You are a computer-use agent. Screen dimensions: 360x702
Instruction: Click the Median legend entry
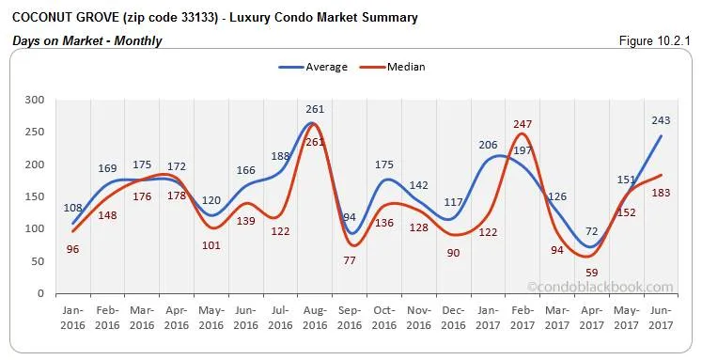click(394, 67)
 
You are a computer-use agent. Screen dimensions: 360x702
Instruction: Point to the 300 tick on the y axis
click(35, 100)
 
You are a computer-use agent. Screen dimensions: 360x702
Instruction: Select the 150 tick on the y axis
click(35, 196)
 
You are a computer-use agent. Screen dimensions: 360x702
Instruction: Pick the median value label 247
click(523, 123)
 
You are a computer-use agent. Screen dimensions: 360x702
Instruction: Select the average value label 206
click(488, 145)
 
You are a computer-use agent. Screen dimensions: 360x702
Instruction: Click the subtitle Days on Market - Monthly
click(87, 40)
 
